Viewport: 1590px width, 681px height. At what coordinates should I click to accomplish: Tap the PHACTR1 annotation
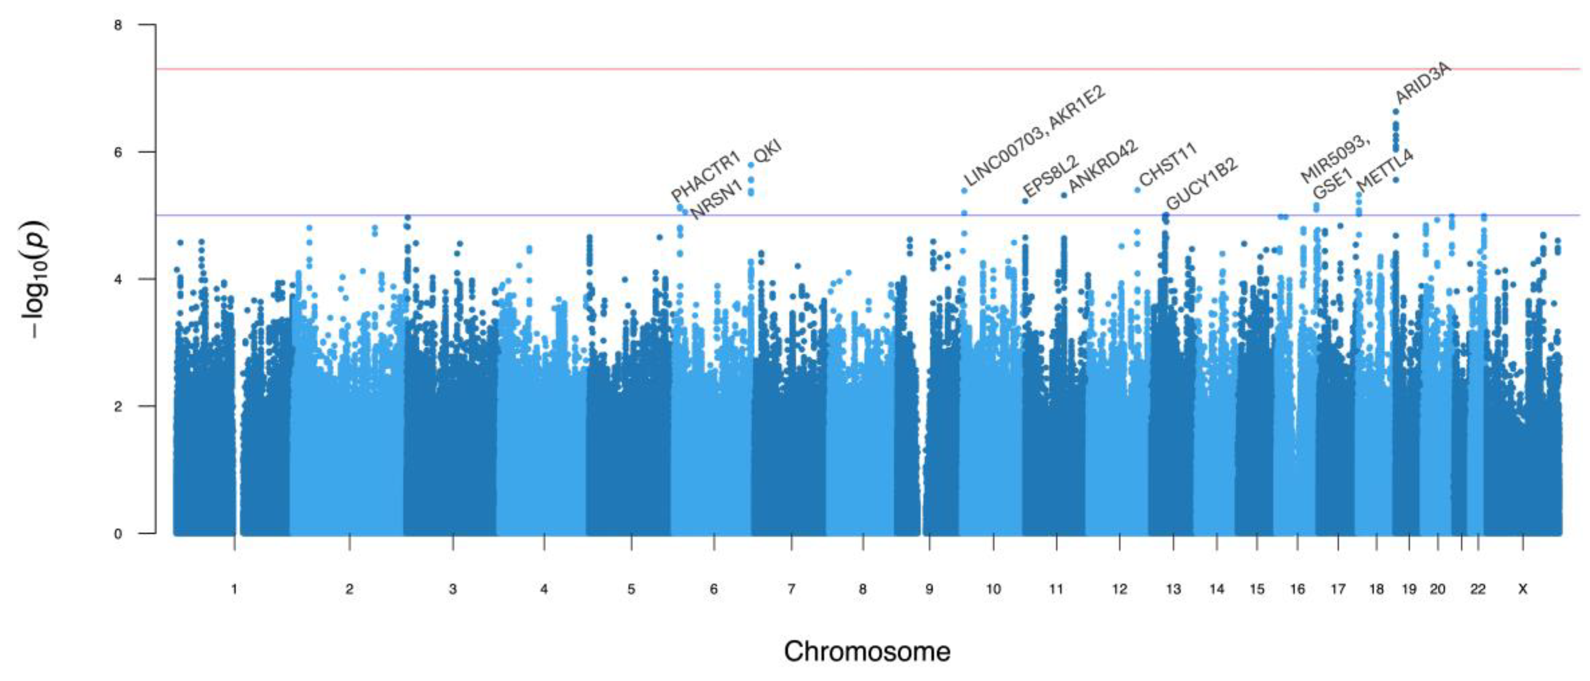[x=705, y=176]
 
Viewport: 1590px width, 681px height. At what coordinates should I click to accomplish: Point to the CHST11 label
[x=1168, y=164]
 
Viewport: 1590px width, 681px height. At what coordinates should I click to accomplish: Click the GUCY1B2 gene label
[x=1201, y=184]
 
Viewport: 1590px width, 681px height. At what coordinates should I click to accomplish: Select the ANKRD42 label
[x=1103, y=166]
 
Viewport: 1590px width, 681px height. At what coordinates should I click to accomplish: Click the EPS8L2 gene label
[x=1051, y=175]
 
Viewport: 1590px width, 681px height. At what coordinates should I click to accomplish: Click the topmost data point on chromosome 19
[x=1396, y=112]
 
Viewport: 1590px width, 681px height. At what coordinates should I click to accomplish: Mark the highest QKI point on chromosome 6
[x=751, y=165]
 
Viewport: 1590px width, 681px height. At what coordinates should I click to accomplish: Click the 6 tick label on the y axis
[x=118, y=152]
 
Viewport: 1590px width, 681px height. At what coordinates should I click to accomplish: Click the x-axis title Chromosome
[x=867, y=652]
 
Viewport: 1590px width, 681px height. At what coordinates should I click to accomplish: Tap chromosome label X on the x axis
[x=1523, y=589]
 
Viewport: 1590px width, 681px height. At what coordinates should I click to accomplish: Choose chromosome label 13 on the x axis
[x=1173, y=589]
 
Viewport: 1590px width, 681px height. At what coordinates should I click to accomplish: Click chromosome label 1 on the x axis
[x=234, y=589]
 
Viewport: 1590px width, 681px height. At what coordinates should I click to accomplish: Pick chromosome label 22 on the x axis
[x=1477, y=589]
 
